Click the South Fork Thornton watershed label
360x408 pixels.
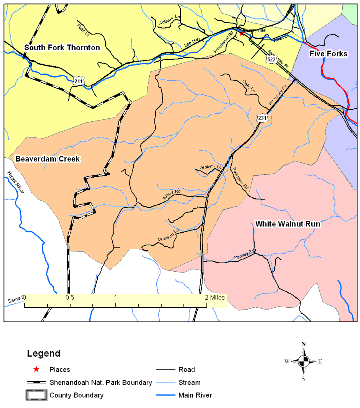pos(62,48)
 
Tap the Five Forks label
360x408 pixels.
pos(328,54)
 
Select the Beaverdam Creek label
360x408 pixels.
pos(48,159)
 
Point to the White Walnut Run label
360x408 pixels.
pos(288,224)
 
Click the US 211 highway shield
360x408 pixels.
pos(77,81)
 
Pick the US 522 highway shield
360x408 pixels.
pos(271,59)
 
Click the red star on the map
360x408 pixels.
pos(242,33)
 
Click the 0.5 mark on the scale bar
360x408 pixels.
pos(70,297)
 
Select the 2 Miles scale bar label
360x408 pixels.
pos(215,297)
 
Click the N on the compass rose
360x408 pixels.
pos(303,344)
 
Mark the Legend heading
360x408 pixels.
pos(43,353)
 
